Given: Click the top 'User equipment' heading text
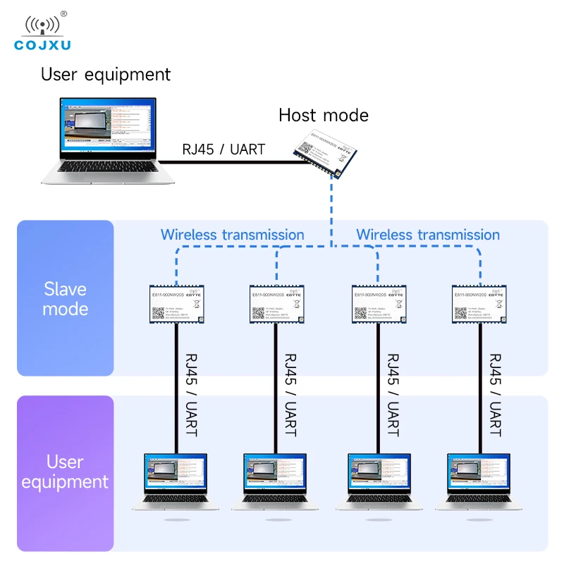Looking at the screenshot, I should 106,74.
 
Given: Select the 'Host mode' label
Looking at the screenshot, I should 324,115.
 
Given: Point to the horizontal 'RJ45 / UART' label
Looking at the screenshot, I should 223,149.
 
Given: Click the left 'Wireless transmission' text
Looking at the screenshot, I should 233,235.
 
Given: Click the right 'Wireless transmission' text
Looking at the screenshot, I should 428,235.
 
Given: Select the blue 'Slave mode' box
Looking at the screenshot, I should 66,298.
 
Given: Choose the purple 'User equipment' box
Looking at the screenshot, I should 66,472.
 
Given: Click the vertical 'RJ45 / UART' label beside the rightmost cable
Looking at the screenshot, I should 496,394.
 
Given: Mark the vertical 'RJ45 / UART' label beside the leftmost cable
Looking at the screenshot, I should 190,394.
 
